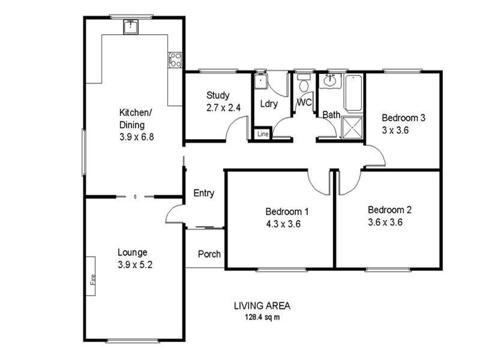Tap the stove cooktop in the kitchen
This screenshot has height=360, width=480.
coord(175,59)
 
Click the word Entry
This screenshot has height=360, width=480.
coord(203,193)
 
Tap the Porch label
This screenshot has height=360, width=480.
coord(209,254)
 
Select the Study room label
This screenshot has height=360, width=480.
coord(217,95)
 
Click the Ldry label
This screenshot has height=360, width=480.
coord(269,104)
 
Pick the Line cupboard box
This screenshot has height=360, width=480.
coord(262,134)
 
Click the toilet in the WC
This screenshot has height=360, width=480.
coord(304,83)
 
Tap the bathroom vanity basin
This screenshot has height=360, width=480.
coord(330,80)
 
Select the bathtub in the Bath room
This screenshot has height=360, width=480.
coord(353,92)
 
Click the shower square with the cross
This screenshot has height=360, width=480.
coord(352,127)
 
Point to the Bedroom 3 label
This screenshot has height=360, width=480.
coord(403,118)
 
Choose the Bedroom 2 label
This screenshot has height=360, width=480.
coord(389,210)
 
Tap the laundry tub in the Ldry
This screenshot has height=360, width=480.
coord(260,80)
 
